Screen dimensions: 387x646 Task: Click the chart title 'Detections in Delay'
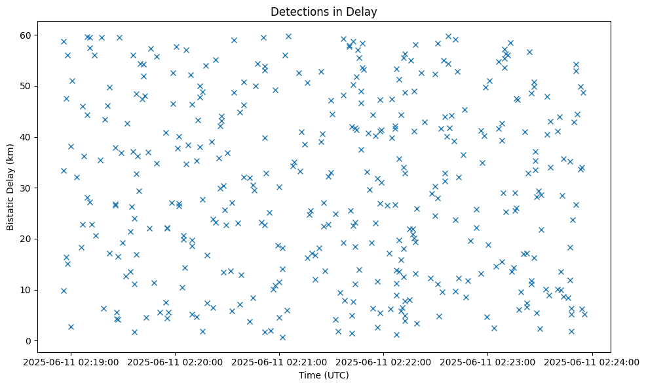point(324,12)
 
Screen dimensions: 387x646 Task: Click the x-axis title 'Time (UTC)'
point(324,375)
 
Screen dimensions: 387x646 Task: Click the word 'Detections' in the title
point(297,12)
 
